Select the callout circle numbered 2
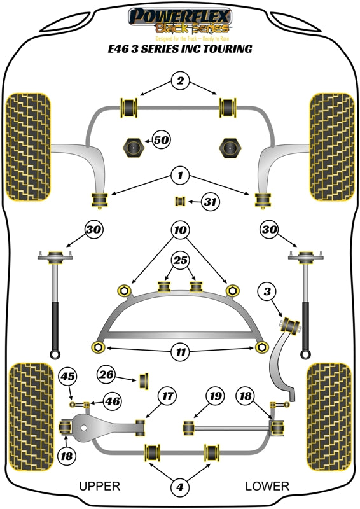point(180,81)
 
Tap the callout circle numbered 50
point(162,139)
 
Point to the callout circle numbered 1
point(180,174)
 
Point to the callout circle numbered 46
point(111,401)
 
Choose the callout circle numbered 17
point(167,396)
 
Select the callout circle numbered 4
point(180,487)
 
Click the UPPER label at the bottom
point(99,486)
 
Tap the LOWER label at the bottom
point(267,486)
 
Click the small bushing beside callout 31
point(180,202)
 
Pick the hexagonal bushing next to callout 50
point(133,148)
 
